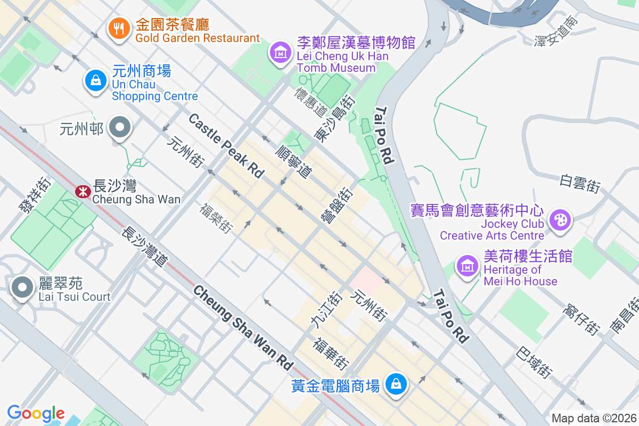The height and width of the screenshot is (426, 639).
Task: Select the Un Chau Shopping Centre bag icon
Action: [x=96, y=81]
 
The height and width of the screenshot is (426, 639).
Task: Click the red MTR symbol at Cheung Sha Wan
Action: [x=83, y=191]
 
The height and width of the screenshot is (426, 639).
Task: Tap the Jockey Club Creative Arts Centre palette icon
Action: [x=560, y=219]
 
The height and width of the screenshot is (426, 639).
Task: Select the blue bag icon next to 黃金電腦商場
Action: [x=396, y=384]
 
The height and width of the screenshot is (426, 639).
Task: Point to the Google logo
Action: [x=36, y=413]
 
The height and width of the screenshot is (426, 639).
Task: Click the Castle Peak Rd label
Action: [x=226, y=145]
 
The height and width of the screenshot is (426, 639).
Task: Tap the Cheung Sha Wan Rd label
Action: [x=243, y=328]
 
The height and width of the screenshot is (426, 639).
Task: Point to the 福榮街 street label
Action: [x=216, y=218]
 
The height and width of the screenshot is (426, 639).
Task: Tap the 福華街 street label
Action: [x=331, y=354]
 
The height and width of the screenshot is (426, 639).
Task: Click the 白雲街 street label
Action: [x=580, y=184]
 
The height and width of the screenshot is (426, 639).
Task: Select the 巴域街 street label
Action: [x=534, y=362]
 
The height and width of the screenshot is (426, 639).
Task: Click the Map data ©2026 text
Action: [x=594, y=418]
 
